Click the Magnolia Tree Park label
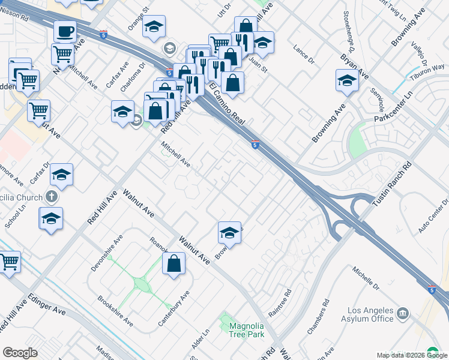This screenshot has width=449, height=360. click(246, 331)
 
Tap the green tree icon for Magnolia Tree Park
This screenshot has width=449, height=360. click(226, 320)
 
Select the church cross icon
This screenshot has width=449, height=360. click(52, 197)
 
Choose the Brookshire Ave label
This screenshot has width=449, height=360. click(115, 310)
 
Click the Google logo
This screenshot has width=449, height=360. click(20, 353)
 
